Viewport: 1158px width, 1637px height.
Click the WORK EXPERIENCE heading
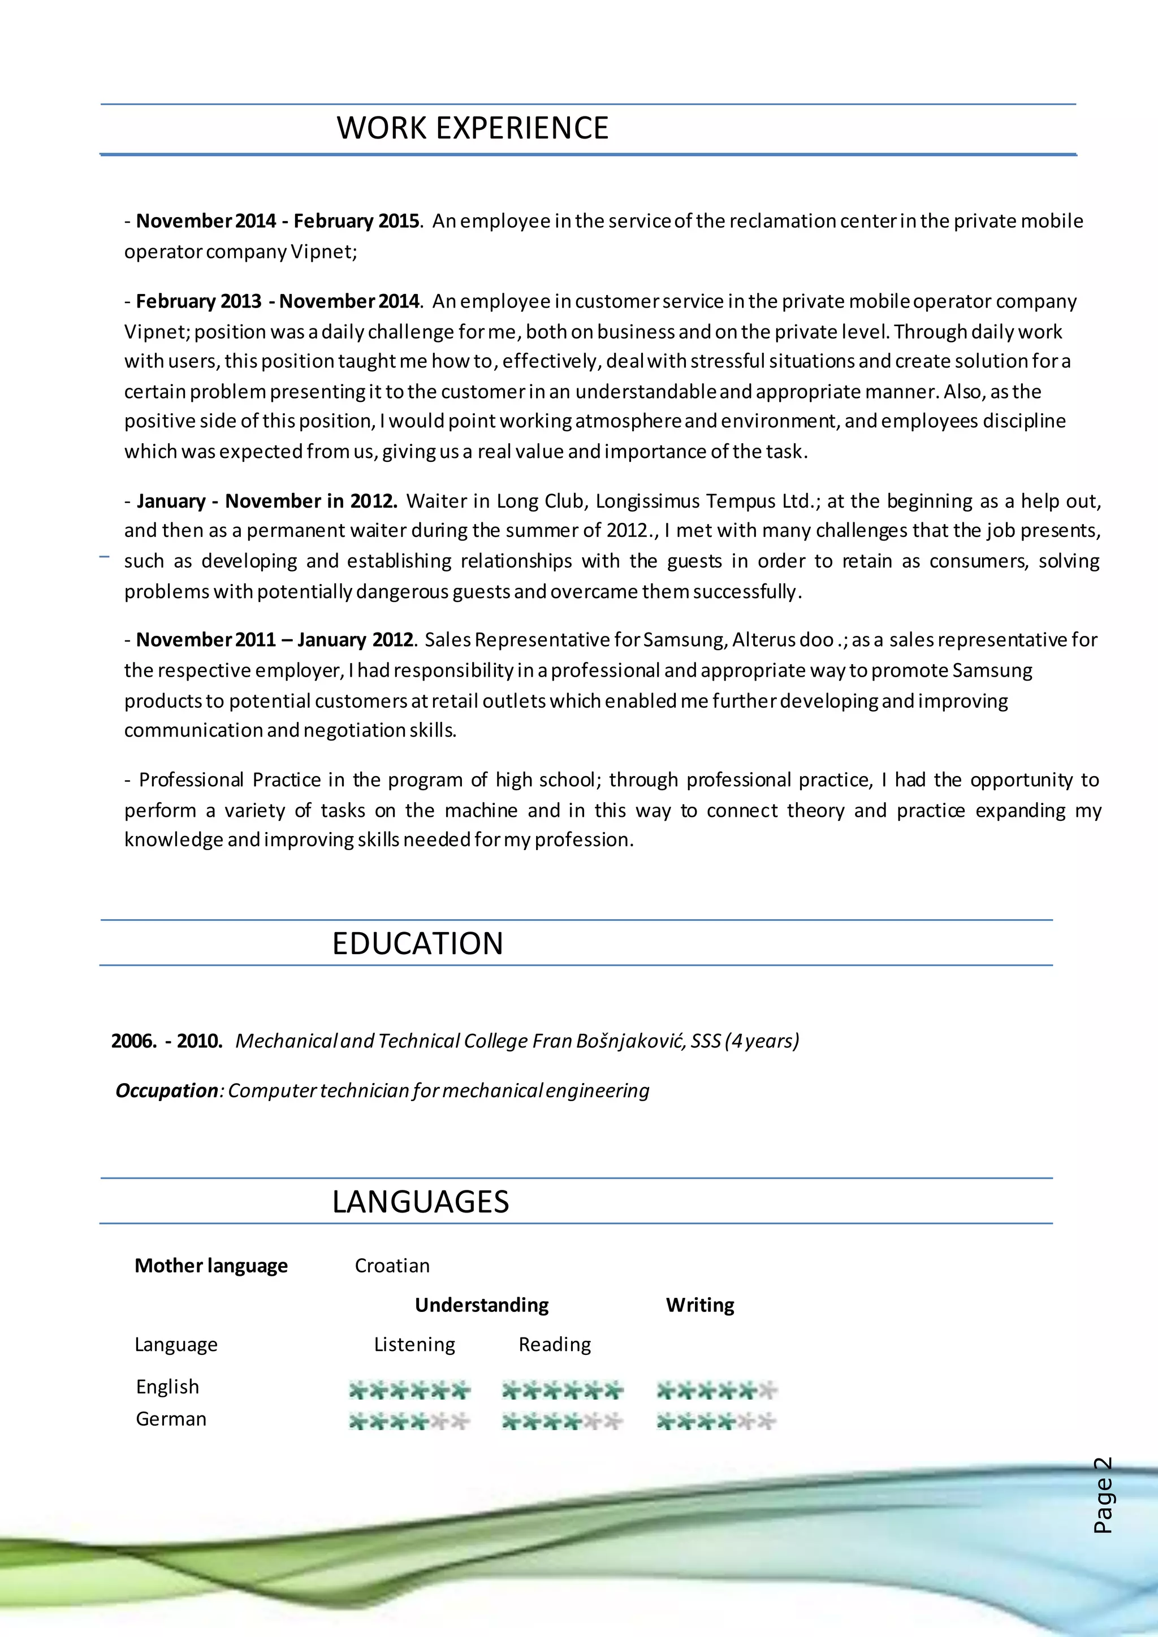coord(472,128)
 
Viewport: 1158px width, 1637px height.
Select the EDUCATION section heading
coord(417,943)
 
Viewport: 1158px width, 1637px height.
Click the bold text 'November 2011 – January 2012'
coord(275,639)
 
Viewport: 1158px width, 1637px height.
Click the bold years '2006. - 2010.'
coord(167,1041)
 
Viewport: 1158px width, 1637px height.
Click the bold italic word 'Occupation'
coord(166,1090)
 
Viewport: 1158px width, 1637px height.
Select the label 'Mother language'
coord(211,1266)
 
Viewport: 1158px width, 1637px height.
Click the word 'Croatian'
coord(392,1266)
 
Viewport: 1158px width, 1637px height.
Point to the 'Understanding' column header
coord(481,1305)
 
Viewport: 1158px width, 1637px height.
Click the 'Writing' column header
coord(699,1305)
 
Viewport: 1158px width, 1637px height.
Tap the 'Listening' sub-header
coord(414,1344)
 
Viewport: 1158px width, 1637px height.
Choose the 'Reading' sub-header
coord(555,1344)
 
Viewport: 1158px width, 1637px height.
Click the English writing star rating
coord(716,1389)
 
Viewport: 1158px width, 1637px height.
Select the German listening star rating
coord(409,1422)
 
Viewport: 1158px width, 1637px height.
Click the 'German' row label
coord(171,1419)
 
